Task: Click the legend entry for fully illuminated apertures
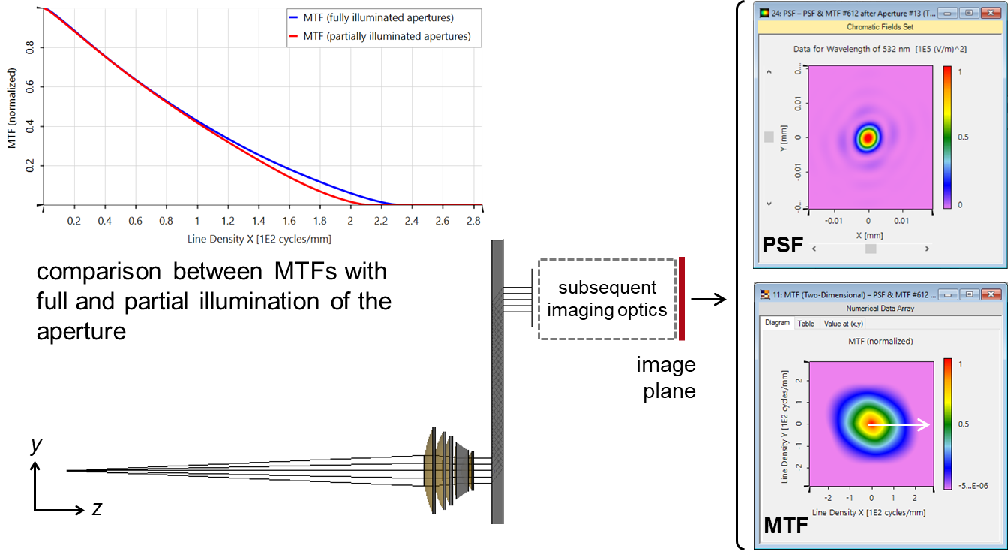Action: coord(371,17)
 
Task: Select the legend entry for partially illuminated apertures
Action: coord(379,36)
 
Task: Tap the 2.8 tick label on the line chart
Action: coord(473,221)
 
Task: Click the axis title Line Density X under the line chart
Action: coord(259,239)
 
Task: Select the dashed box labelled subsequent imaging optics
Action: coord(607,299)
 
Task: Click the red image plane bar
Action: coord(682,298)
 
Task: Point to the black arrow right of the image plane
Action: coord(709,299)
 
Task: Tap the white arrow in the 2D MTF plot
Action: coord(898,424)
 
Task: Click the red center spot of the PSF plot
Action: coord(868,138)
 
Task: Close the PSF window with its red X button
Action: coord(991,13)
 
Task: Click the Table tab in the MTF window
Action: coord(805,324)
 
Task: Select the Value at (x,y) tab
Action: coord(843,324)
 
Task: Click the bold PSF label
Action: coord(782,245)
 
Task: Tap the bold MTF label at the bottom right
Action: coord(786,526)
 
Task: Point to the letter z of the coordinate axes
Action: coord(97,508)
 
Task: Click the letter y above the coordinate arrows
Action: coord(36,445)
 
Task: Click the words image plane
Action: coord(666,378)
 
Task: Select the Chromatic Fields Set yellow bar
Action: coord(880,27)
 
